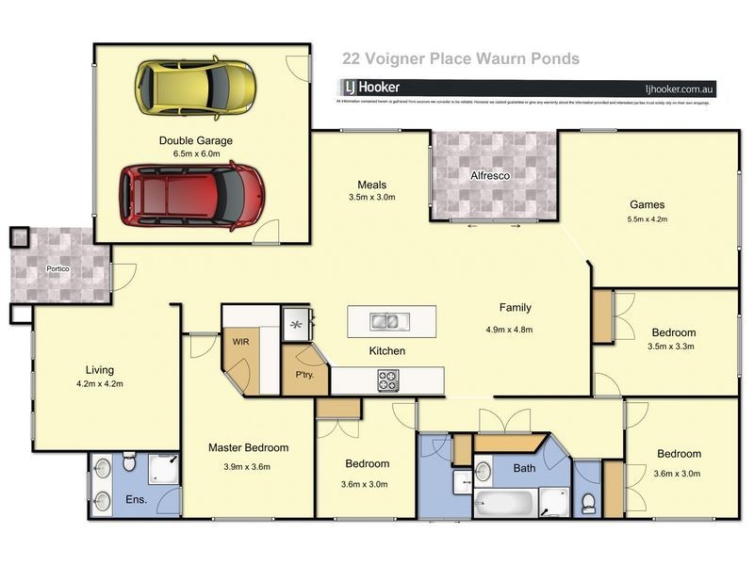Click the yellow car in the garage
(195, 88)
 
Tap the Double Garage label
(195, 140)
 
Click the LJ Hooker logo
(374, 88)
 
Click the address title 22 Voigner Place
(460, 58)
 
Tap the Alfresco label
(493, 175)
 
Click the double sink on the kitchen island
(385, 321)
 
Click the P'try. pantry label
(303, 375)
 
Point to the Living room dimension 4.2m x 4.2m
(100, 384)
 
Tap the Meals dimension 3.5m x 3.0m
(371, 198)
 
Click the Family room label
(515, 308)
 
